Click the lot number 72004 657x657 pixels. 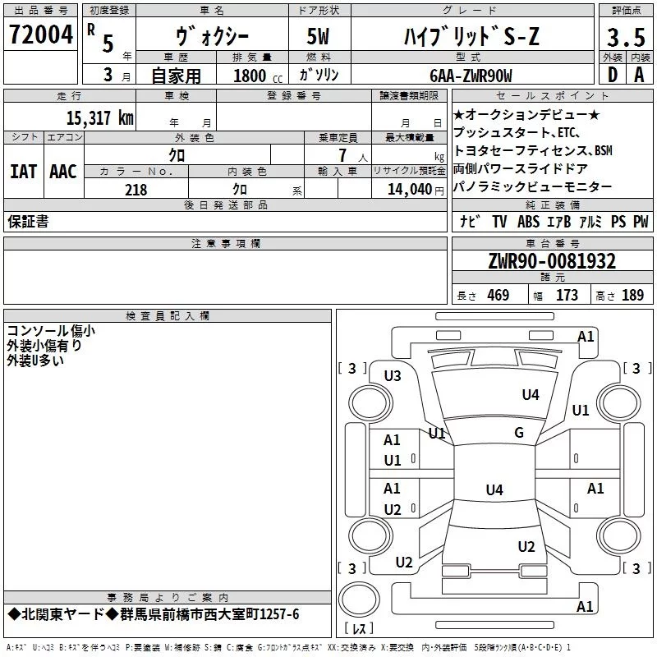click(40, 34)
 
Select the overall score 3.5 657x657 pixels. click(626, 37)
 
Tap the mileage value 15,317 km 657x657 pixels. click(99, 118)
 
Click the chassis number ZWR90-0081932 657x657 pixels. click(552, 261)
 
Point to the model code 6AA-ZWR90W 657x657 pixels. click(471, 76)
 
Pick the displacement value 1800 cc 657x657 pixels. click(257, 76)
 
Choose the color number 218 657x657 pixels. click(136, 190)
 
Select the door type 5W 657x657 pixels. click(318, 36)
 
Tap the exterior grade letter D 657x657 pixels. click(612, 75)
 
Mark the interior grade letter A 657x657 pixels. click(639, 75)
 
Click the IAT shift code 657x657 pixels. click(24, 172)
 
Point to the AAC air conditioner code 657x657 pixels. click(63, 172)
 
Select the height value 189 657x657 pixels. click(632, 295)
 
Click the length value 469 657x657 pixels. click(498, 295)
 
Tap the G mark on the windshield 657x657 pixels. click(519, 433)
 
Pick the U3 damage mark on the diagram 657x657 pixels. click(393, 376)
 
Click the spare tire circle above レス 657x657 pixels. click(359, 600)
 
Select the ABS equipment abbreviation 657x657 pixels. click(528, 221)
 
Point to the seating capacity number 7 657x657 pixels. click(342, 155)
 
